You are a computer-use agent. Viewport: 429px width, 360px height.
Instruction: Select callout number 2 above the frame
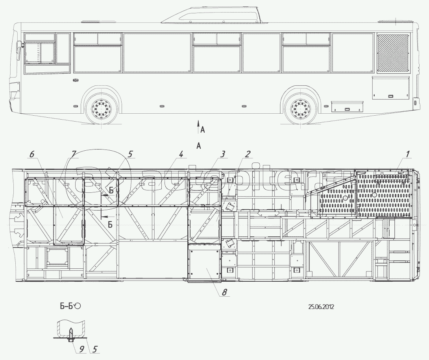pyautogui.click(x=247, y=154)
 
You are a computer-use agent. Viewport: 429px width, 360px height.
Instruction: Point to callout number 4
pyautogui.click(x=180, y=155)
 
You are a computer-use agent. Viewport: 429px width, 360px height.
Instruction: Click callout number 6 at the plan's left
pyautogui.click(x=32, y=155)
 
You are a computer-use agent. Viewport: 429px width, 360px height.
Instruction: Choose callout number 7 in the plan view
pyautogui.click(x=74, y=155)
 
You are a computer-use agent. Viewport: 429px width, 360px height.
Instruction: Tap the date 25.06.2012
pyautogui.click(x=321, y=307)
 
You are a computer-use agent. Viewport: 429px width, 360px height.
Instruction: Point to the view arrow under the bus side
pyautogui.click(x=198, y=125)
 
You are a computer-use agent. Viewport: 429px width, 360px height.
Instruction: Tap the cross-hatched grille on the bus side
pyautogui.click(x=393, y=53)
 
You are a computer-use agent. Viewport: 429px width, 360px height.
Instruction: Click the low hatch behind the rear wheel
pyautogui.click(x=347, y=107)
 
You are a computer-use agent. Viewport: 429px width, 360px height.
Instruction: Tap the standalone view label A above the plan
pyautogui.click(x=199, y=146)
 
